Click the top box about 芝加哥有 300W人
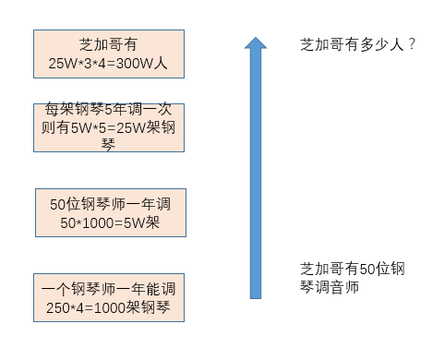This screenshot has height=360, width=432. click(x=108, y=55)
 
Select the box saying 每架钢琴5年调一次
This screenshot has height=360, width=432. click(x=108, y=128)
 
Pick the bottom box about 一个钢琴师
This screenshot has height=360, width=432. click(x=108, y=297)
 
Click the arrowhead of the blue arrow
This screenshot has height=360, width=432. click(x=256, y=44)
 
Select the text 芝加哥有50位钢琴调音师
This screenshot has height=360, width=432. click(x=353, y=278)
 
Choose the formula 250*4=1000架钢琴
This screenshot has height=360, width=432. click(x=108, y=307)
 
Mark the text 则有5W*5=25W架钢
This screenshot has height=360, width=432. click(x=108, y=128)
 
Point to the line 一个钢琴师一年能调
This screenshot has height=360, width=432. click(x=108, y=288)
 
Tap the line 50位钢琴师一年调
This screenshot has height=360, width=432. click(x=109, y=203)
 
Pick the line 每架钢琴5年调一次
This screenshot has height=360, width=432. click(x=108, y=113)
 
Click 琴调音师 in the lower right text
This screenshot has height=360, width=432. click(x=329, y=287)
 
